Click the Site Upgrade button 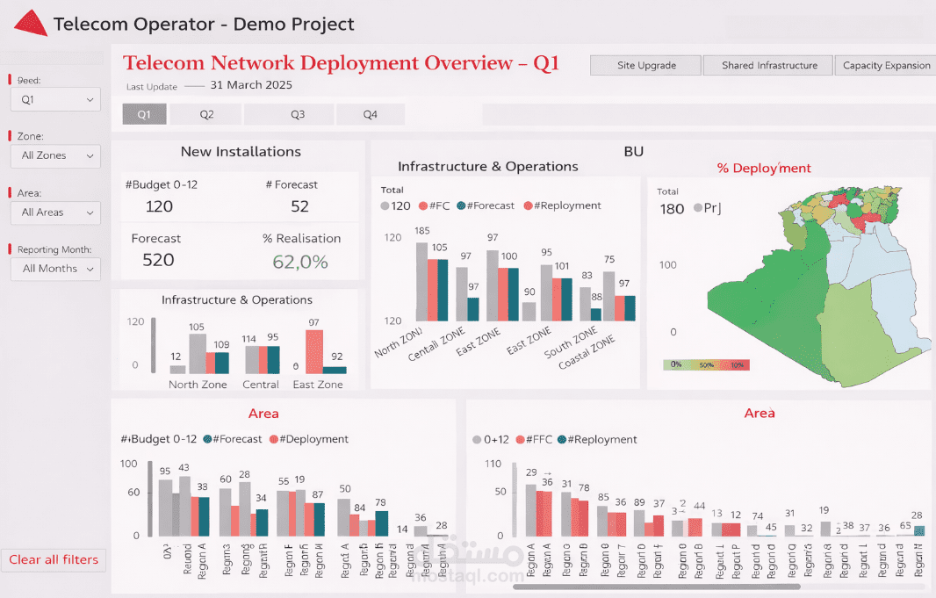(x=646, y=66)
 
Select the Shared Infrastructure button (x=769, y=66)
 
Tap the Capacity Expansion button (x=886, y=66)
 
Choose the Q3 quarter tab (x=298, y=114)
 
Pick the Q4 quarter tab (x=371, y=114)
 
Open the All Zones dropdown (x=56, y=155)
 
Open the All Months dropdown (x=56, y=269)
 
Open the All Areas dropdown (x=56, y=213)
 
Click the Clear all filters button (x=54, y=559)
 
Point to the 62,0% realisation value (x=300, y=262)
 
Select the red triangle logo (x=31, y=23)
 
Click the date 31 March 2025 (x=251, y=85)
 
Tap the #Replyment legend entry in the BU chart (x=562, y=205)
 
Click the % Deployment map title (x=764, y=168)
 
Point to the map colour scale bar (x=706, y=364)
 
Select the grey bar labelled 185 (x=421, y=281)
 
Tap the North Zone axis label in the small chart (x=198, y=385)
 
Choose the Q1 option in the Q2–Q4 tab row (x=144, y=114)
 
